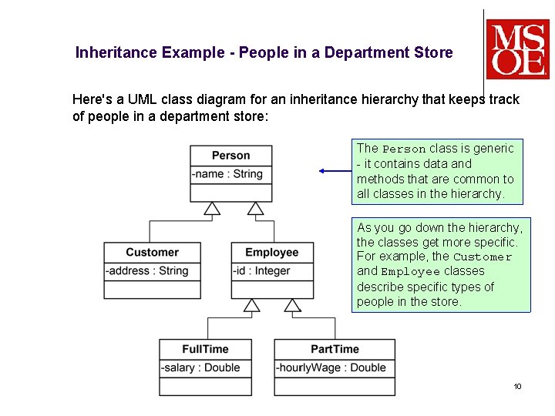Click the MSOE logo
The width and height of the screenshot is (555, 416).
(x=518, y=49)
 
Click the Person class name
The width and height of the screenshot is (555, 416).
(x=230, y=156)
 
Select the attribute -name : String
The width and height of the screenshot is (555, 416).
(x=227, y=174)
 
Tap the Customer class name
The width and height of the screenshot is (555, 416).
(x=152, y=253)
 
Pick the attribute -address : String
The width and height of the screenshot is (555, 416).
(x=147, y=271)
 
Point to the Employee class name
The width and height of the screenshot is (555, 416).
(x=271, y=253)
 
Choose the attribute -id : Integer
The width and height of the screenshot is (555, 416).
(x=262, y=271)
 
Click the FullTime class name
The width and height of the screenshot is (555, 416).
(x=205, y=349)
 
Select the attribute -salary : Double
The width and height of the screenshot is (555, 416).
(x=200, y=367)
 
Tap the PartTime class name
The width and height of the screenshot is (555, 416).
(x=335, y=349)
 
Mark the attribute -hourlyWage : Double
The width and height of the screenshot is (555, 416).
(x=331, y=367)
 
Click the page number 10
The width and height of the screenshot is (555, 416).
(x=517, y=386)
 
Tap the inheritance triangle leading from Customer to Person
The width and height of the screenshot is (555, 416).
(x=212, y=208)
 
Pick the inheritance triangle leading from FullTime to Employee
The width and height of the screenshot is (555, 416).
(x=252, y=305)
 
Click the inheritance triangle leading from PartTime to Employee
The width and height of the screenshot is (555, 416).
(x=292, y=305)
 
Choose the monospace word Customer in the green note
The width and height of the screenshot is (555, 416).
(x=483, y=257)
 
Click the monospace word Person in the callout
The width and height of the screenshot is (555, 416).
(x=404, y=149)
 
